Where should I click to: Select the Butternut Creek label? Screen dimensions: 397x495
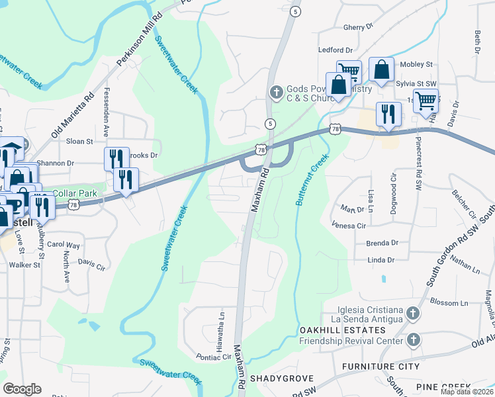312,179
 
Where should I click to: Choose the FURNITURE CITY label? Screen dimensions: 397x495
380,366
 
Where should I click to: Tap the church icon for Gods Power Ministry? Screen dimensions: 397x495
277,89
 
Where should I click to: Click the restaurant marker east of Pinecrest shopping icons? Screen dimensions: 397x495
388,114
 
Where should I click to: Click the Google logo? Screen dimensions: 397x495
22,389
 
